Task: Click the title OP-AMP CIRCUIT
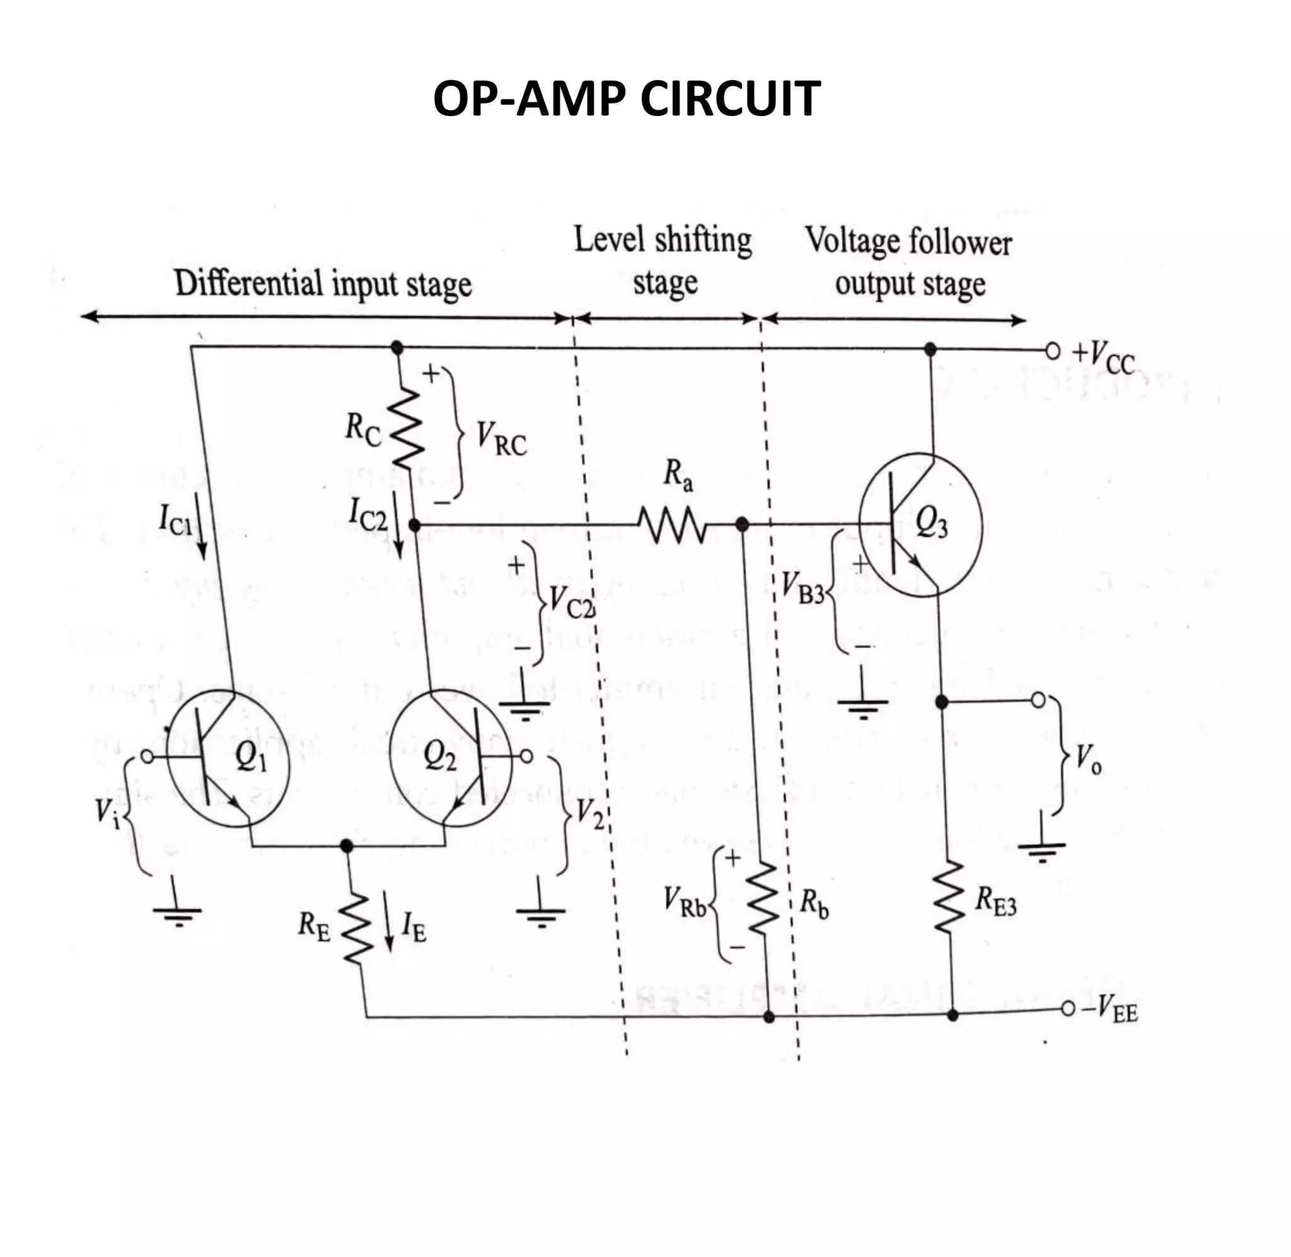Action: (x=627, y=99)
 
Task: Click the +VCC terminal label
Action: (x=1103, y=357)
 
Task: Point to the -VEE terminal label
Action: (x=1114, y=1010)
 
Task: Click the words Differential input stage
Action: (x=323, y=284)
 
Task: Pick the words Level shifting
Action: (x=663, y=240)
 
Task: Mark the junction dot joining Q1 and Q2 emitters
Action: (x=346, y=846)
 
